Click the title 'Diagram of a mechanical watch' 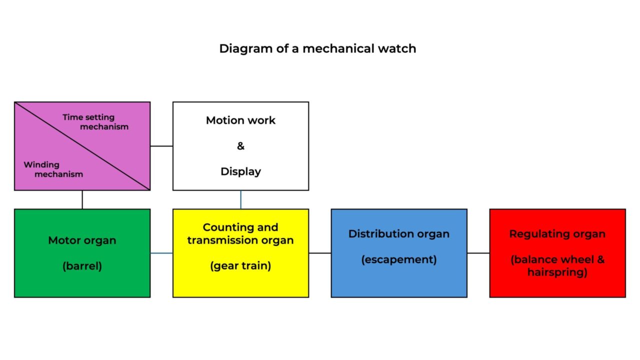coord(317,48)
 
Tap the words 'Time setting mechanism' coord(95,121)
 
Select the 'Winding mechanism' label coord(53,169)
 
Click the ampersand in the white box coord(240,146)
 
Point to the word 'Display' coord(240,171)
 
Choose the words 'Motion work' coord(240,120)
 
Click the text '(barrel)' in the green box coord(82,266)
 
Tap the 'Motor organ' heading coord(82,240)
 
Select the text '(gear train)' coord(240,265)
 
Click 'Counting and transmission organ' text coord(240,233)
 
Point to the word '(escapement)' coord(399,259)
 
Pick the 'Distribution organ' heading coord(399,234)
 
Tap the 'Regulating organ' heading coord(557,234)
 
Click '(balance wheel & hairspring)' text coord(557,266)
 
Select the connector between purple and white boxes coord(161,146)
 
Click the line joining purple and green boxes coord(82,199)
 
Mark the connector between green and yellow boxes coord(161,253)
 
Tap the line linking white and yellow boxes coord(240,199)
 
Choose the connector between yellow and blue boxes coord(320,253)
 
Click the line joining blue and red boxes coord(478,253)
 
